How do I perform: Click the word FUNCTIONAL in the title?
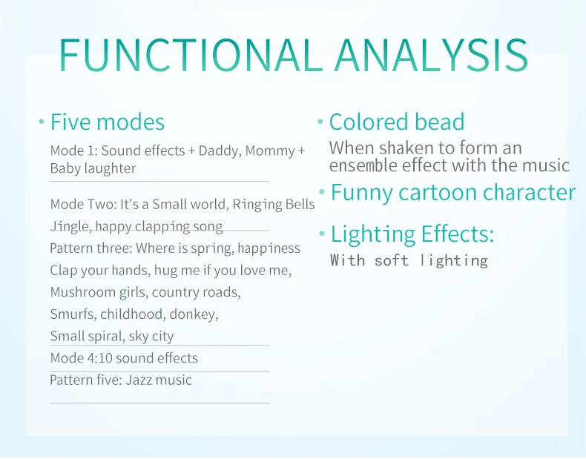(191, 56)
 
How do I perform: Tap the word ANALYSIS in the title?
(431, 56)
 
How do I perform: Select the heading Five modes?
(108, 122)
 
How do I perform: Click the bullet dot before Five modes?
(42, 121)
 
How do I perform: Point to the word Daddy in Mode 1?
(220, 151)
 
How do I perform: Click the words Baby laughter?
(93, 168)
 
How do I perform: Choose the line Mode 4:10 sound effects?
(124, 358)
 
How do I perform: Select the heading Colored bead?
(397, 122)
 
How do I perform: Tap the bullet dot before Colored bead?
(320, 121)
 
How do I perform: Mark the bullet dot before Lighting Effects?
(321, 234)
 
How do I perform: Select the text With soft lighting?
(409, 261)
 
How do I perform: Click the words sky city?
(151, 337)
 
